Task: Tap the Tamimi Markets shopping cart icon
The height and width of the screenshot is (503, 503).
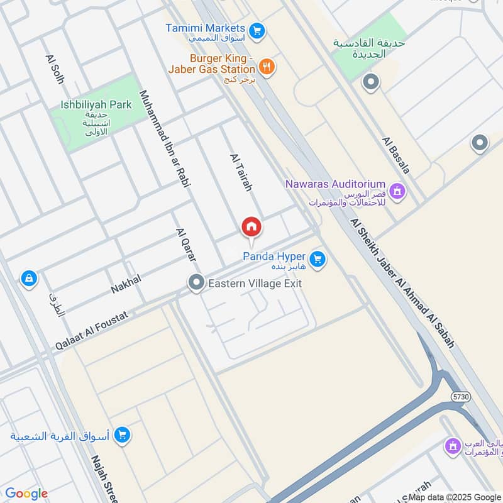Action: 256,30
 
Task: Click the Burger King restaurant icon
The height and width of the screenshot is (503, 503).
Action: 267,66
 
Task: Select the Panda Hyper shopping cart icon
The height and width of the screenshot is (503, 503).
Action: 318,258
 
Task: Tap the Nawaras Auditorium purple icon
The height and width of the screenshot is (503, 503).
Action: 397,190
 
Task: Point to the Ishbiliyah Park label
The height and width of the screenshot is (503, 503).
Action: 96,105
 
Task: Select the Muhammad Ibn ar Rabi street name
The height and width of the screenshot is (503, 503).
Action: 165,140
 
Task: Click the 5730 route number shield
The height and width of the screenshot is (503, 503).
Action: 460,397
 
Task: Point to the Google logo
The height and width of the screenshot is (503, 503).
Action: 26,494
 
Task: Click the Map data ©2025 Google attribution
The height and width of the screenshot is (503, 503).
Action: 455,497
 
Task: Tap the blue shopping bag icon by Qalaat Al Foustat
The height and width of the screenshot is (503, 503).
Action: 28,278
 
